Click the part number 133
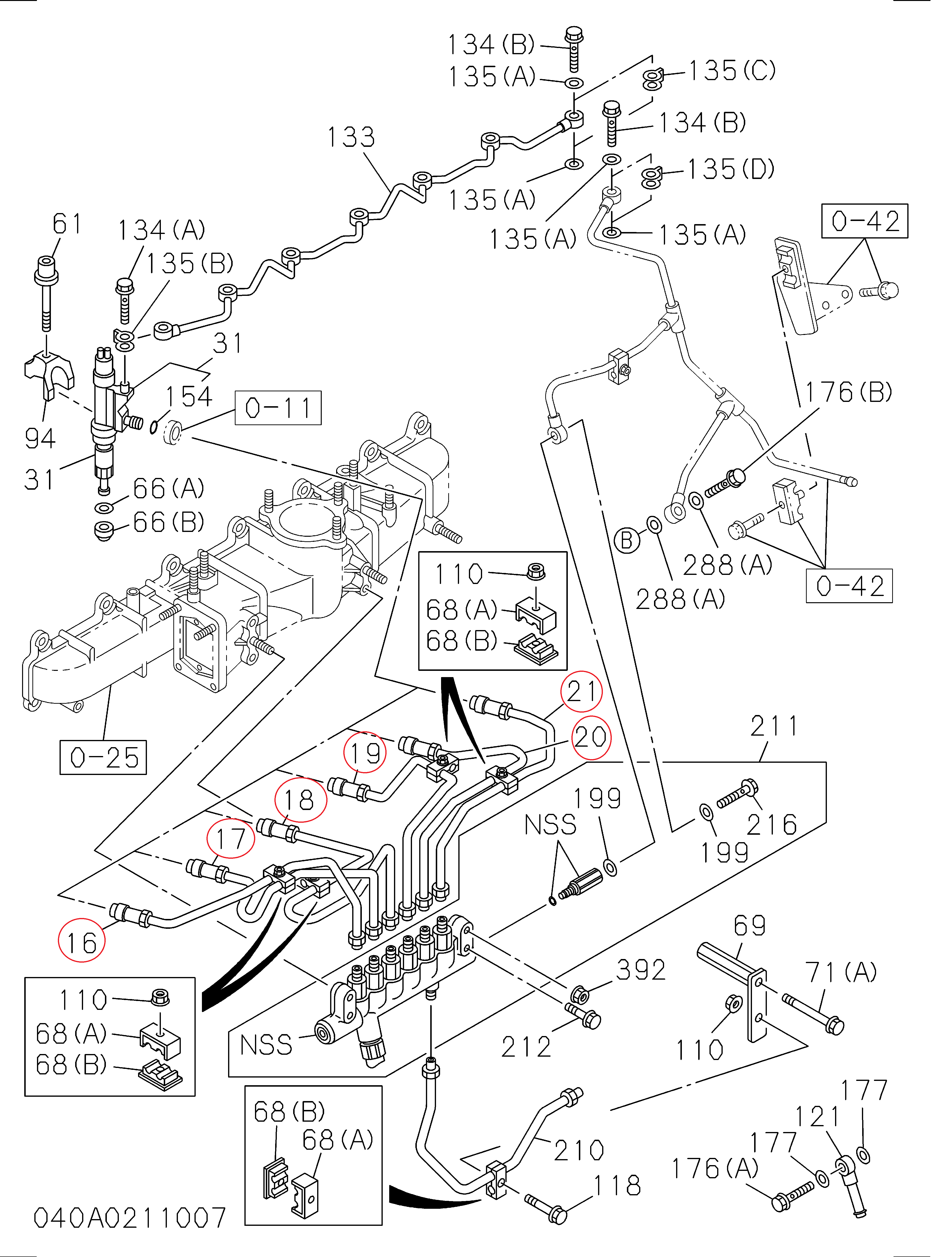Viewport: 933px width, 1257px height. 351,137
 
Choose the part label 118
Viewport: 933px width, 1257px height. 617,1185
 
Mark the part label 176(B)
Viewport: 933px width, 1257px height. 848,392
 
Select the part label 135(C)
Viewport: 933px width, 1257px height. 732,71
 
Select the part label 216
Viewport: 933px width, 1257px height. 771,825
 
